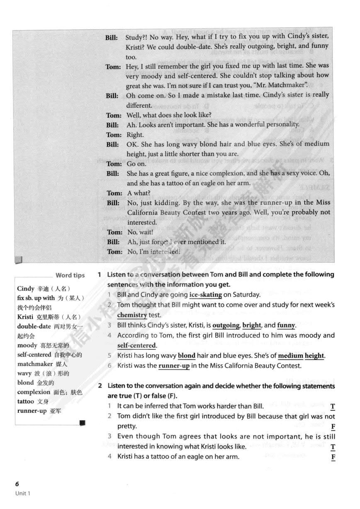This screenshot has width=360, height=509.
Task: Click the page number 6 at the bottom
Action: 17,484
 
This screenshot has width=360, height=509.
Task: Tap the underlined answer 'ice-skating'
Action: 205,295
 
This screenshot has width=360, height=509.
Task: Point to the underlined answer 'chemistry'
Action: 132,315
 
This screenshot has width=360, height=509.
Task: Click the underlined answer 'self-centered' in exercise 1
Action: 136,346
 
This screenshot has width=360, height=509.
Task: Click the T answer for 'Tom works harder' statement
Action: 333,406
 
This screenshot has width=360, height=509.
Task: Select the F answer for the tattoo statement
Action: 333,457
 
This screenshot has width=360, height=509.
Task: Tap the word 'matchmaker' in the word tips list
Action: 34,364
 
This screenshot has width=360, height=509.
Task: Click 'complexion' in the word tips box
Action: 34,392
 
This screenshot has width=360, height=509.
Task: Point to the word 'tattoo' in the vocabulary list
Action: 26,402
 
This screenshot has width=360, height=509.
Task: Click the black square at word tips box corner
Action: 82,423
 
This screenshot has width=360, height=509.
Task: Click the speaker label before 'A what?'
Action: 114,193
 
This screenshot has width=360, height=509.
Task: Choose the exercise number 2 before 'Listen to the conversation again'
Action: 100,386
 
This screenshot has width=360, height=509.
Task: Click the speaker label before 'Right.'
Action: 114,135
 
